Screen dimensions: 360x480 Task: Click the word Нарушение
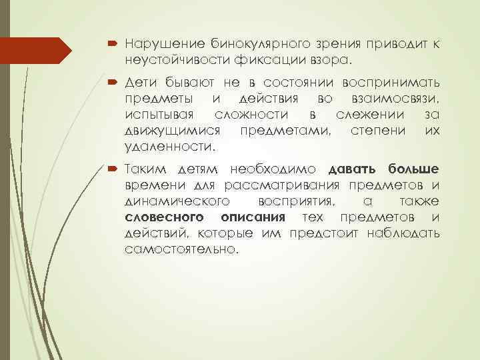[x=158, y=44]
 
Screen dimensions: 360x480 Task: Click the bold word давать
[x=353, y=170]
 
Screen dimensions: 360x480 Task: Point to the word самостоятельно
[x=180, y=249]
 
